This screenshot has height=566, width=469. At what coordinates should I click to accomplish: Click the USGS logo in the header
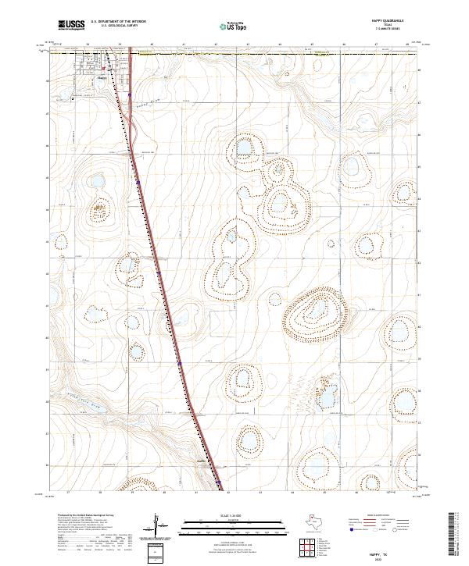pyautogui.click(x=70, y=25)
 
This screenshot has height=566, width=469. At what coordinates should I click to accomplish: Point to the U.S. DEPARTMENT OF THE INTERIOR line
pyautogui.click(x=118, y=22)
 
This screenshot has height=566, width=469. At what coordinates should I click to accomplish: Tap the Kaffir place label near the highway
pyautogui.click(x=200, y=461)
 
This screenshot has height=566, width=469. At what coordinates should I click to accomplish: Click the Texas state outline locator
pyautogui.click(x=321, y=522)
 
